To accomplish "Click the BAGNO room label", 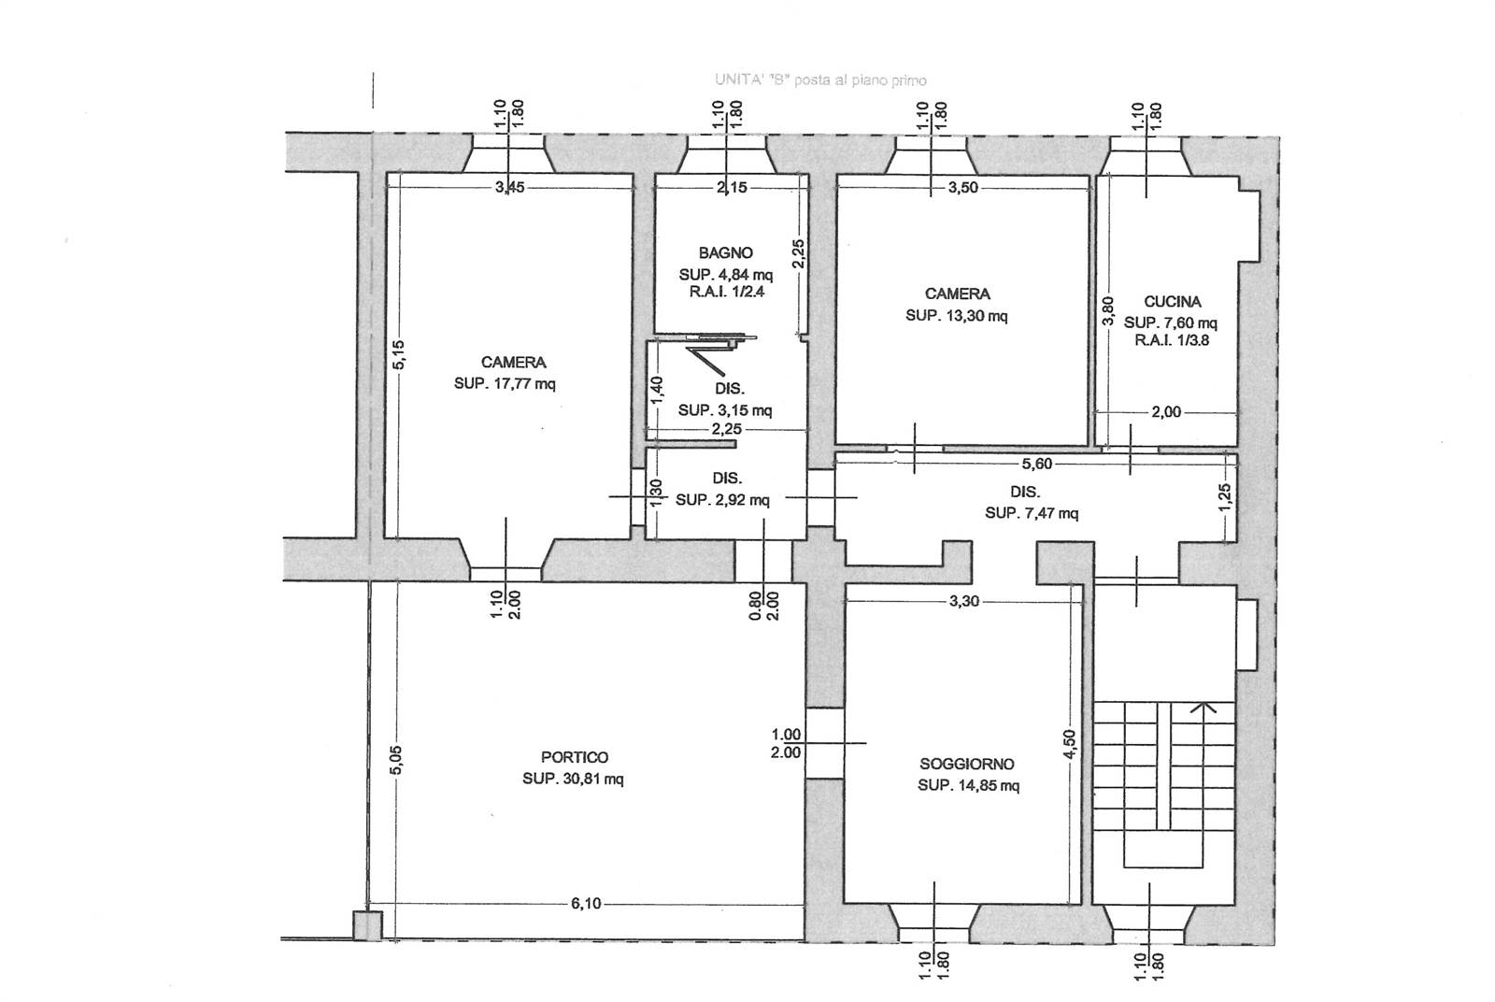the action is [x=725, y=253].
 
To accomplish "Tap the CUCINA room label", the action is [x=1173, y=302].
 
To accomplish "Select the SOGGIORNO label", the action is [x=967, y=765].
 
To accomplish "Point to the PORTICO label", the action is [x=575, y=758].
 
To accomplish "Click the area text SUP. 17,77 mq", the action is [x=505, y=384].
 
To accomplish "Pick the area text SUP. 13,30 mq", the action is [x=957, y=316].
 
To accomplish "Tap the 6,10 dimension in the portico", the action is [x=586, y=904].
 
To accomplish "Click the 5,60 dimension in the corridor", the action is [x=1036, y=464].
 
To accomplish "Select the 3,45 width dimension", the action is [x=510, y=188].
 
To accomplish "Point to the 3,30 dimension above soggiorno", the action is [x=964, y=601].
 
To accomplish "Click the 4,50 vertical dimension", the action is [x=1070, y=744].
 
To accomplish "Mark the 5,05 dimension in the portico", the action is [x=396, y=760].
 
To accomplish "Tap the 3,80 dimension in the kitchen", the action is [x=1107, y=310].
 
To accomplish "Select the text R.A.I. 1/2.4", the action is [x=727, y=292].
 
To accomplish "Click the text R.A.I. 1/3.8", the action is [x=1172, y=340].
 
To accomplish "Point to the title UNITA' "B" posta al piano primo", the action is [x=821, y=80].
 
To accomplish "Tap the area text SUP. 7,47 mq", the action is [x=1032, y=512].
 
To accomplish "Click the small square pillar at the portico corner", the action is [x=367, y=926].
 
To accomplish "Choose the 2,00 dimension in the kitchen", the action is [x=1166, y=412].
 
